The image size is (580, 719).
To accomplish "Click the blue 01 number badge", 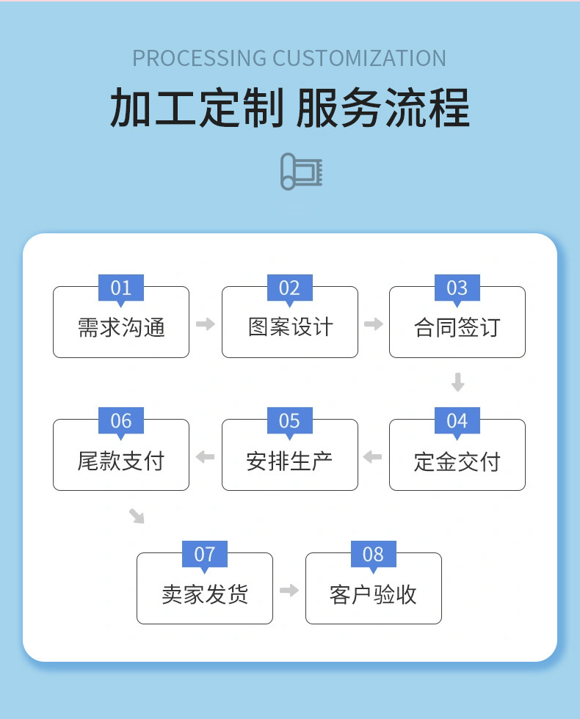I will pos(121,288).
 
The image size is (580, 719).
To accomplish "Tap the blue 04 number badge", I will pos(457,420).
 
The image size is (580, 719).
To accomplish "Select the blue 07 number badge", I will pos(205,554).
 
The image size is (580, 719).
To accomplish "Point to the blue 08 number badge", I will pos(373,554).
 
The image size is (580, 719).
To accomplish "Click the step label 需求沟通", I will pos(121,327).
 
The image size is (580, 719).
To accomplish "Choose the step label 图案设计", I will pos(290,327).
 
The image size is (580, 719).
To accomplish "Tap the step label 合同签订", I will pos(457,327).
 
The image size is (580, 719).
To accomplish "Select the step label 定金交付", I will pos(457,461).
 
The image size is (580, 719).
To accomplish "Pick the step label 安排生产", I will pos(290,461).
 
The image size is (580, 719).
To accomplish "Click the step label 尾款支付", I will pos(121,461).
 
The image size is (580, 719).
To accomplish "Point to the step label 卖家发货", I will pos(205,594).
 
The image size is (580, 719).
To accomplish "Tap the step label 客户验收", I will pos(373,594).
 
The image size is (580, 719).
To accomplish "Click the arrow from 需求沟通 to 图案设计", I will pos(206,324).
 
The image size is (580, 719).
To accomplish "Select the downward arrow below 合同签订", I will pos(457,382).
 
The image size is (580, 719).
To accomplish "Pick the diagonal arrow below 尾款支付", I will pos(137,516).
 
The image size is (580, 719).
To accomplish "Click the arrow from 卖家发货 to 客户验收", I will pos(289,591).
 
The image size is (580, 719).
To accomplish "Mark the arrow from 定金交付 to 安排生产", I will pos(373,457).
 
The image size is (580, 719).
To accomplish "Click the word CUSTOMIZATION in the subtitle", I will pos(359,58).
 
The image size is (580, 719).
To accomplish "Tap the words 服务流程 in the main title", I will pos(383,109).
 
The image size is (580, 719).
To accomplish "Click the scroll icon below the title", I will pos(301,172).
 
